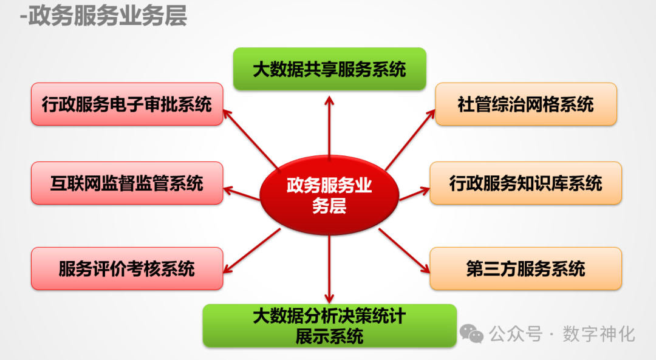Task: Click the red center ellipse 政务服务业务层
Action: (329, 195)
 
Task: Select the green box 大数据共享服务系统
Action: (329, 69)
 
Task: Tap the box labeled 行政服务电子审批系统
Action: (127, 104)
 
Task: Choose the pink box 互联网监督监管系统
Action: (127, 183)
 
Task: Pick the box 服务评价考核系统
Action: (127, 268)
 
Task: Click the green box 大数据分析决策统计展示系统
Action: (329, 325)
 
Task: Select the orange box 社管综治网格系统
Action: (526, 104)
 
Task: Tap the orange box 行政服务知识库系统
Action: (526, 183)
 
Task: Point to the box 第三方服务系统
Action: (526, 268)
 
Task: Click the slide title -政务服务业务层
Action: (103, 16)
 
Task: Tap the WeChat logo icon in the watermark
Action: (472, 333)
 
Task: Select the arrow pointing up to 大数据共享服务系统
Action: (329, 127)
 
